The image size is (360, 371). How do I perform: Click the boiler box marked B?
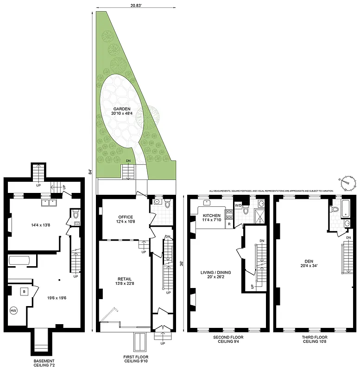[x=23, y=292]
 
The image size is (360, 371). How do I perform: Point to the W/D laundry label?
[x=239, y=205]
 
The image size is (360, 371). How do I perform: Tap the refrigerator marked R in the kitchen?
[x=228, y=224]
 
